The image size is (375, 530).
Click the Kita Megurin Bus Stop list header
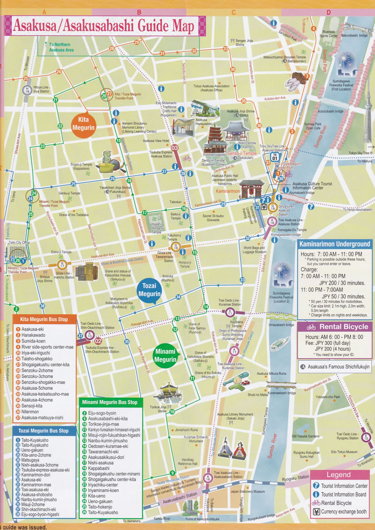(x=44, y=320)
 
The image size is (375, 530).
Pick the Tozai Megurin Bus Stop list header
(x=44, y=431)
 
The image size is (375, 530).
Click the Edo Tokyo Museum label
(x=344, y=452)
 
